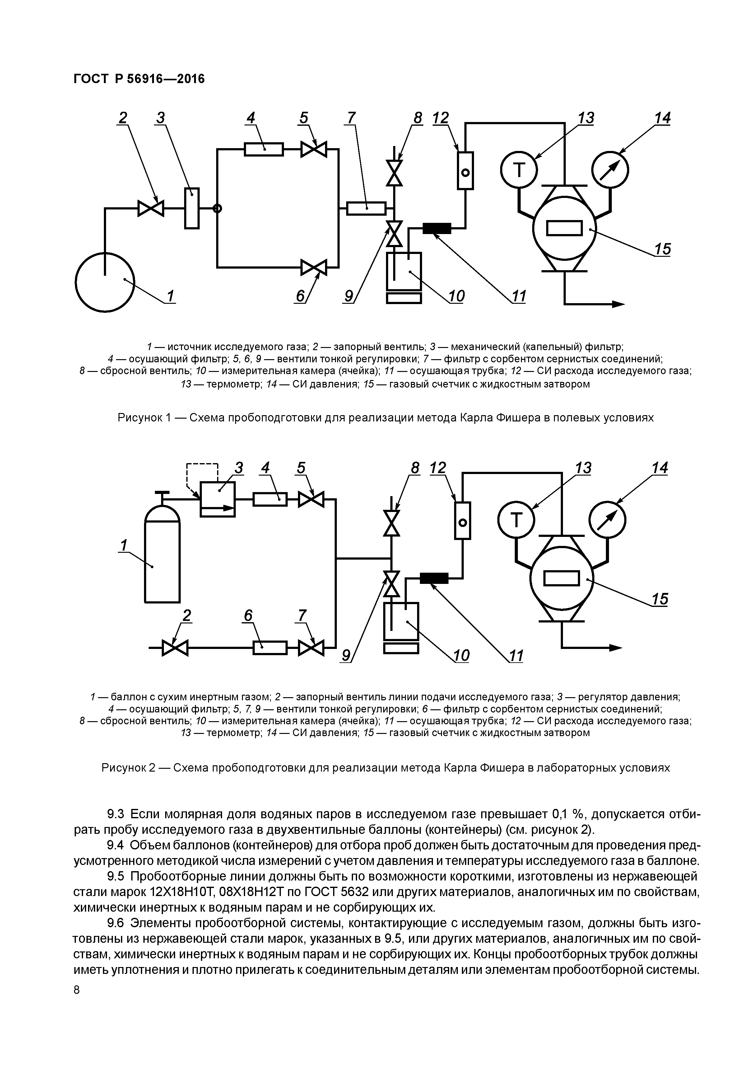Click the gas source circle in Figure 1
click(105, 281)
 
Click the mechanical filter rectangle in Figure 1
click(192, 209)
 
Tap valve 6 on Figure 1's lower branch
click(314, 267)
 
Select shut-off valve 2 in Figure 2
click(175, 648)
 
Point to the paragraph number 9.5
click(116, 876)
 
